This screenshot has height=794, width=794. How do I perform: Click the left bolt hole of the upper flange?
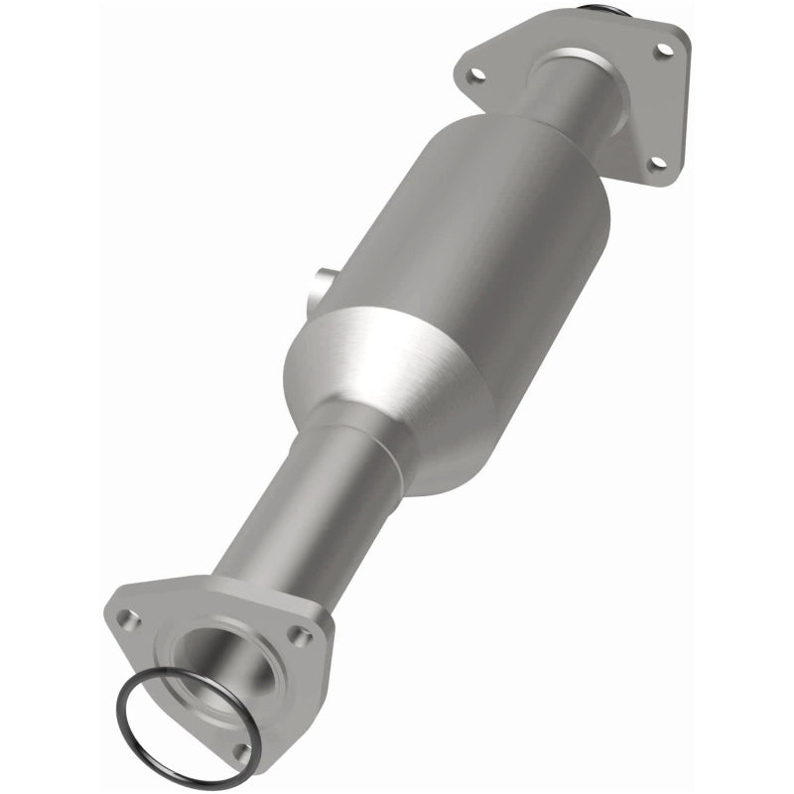click(x=478, y=72)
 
